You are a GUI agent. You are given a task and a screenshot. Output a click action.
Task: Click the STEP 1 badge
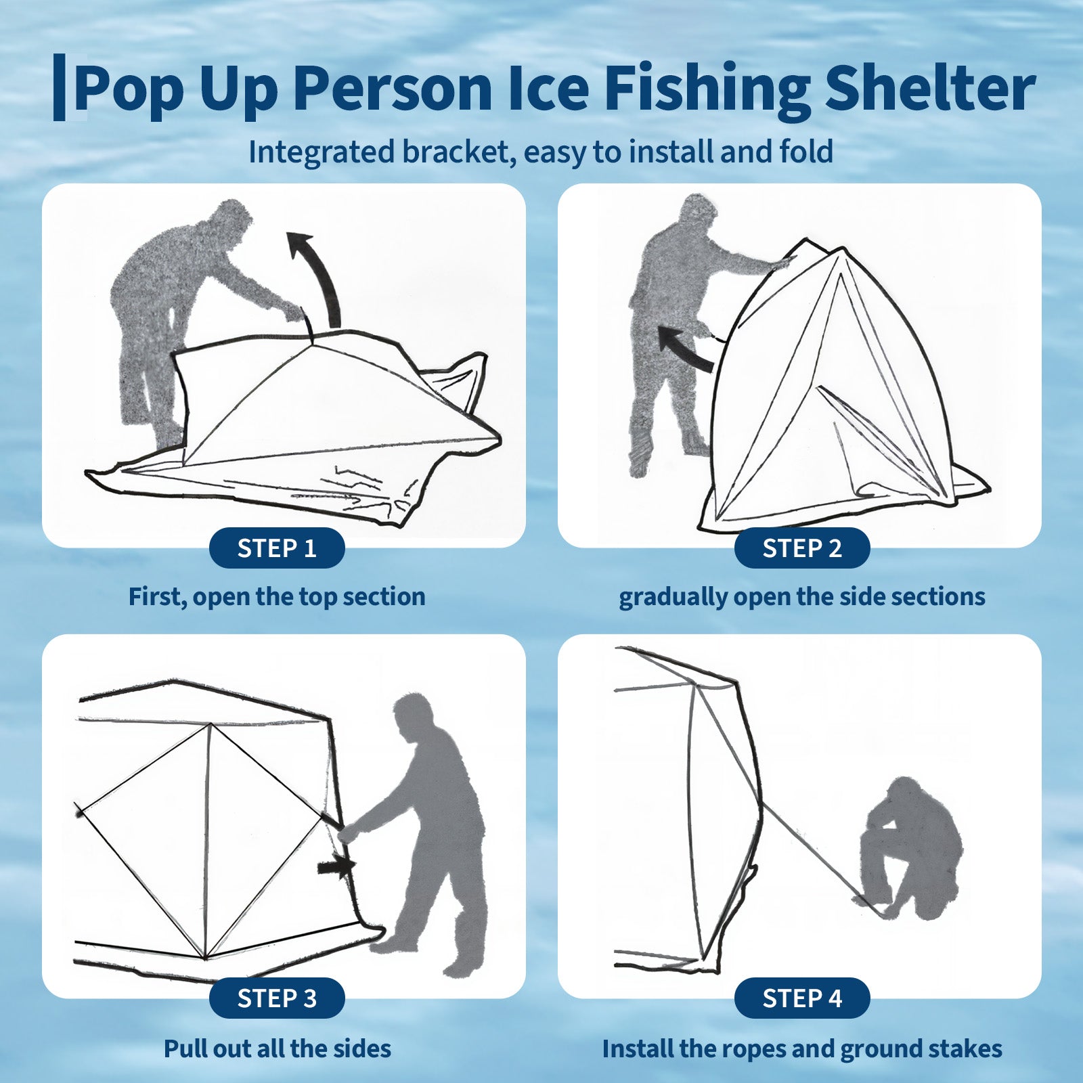pos(277,548)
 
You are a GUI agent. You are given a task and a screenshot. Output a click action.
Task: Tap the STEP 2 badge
pos(802,548)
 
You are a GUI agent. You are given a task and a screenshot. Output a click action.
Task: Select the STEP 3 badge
pos(277,998)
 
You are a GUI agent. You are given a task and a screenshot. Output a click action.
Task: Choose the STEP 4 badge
pos(802,998)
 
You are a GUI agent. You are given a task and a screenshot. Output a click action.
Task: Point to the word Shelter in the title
pos(930,88)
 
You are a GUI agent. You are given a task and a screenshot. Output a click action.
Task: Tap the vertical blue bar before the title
pos(60,88)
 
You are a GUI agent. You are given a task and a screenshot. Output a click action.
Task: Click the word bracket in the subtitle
pos(454,152)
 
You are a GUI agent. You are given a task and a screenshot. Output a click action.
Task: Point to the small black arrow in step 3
pos(336,867)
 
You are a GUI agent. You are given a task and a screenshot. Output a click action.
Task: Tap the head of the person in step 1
pos(230,219)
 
